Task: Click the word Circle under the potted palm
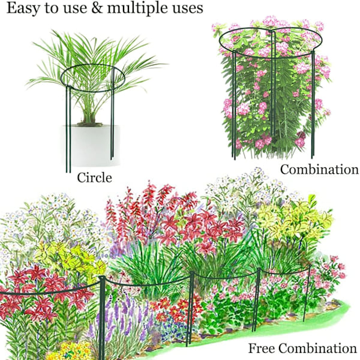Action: (94, 178)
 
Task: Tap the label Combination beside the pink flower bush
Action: (319, 169)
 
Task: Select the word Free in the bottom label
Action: (262, 348)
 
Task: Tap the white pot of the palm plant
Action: (91, 146)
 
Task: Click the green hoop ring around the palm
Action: (93, 65)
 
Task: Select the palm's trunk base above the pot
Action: (89, 117)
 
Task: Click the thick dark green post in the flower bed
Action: (102, 317)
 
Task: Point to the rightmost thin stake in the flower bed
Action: (307, 293)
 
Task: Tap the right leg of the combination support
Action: (313, 104)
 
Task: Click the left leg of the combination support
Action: (234, 105)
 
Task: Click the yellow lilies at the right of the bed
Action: (296, 219)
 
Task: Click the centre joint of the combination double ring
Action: (272, 32)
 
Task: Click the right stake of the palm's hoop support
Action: (112, 113)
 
